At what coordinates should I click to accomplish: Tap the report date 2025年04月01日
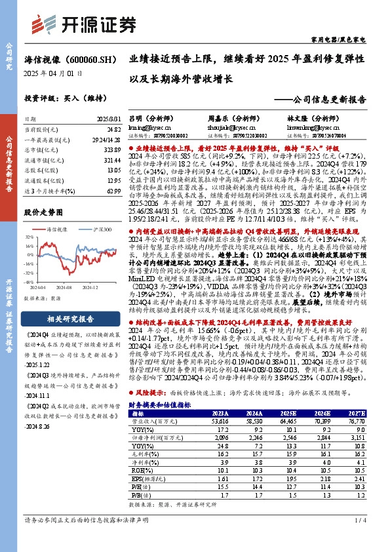point(53,73)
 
